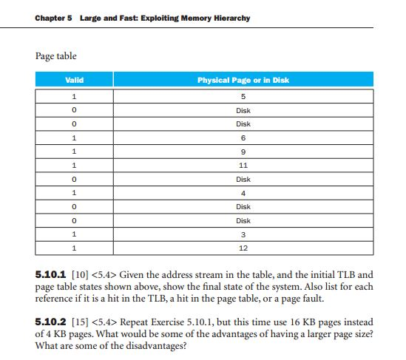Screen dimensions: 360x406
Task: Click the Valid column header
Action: click(x=74, y=79)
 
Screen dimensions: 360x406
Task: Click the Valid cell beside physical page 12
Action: click(x=74, y=248)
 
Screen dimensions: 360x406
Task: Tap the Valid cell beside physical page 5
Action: click(x=74, y=97)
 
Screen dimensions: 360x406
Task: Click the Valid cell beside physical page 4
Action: click(x=74, y=193)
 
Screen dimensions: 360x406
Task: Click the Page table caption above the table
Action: click(x=56, y=55)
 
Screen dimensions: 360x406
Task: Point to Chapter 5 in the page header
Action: click(x=51, y=18)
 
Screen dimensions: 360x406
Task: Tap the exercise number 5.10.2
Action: click(x=52, y=321)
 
